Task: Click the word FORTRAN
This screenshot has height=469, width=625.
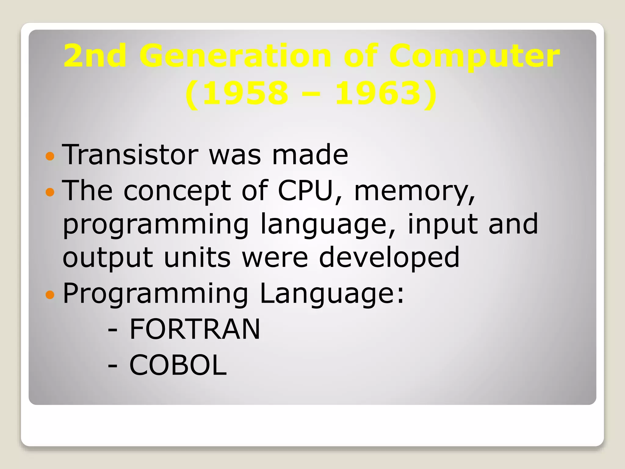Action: coord(195,329)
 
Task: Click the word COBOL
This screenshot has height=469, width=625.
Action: coord(178,365)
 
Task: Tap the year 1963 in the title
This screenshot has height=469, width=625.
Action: coord(378,93)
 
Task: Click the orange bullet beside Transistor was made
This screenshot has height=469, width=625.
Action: coord(50,156)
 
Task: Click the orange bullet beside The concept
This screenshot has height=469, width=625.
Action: coord(50,192)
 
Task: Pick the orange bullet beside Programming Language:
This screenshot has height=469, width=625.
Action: coord(50,295)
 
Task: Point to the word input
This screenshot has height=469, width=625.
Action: coord(443,224)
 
